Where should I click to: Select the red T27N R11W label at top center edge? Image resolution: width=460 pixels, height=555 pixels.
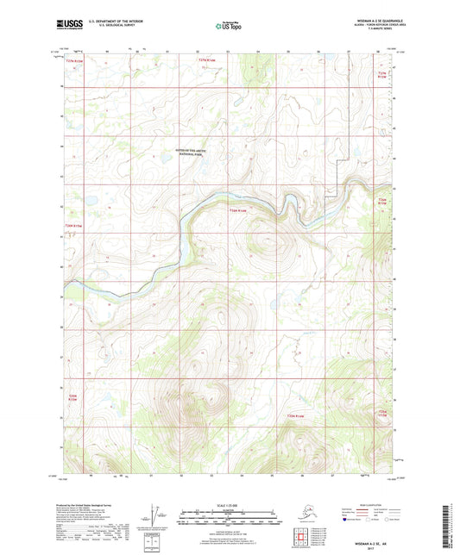[x=205, y=60]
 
